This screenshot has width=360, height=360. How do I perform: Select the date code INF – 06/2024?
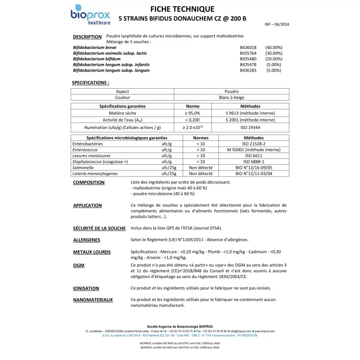pos(277,24)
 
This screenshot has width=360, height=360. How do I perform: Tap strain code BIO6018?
pos(248,47)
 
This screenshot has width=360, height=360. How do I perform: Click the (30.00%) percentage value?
pos(274,53)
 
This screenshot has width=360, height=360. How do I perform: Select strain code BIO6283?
pos(248,71)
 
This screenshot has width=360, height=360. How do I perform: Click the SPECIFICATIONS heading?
pos(90,83)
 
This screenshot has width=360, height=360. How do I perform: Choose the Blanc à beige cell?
pos(232,97)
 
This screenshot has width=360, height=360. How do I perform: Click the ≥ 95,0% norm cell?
pos(193,113)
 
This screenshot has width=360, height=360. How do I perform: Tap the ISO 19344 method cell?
pos(250,127)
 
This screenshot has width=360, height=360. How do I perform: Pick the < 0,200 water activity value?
pos(193,120)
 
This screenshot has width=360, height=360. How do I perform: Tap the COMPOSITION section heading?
pos(89,183)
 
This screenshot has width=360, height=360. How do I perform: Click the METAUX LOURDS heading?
pos(92,252)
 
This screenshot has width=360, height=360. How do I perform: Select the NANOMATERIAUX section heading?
pos(93,299)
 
